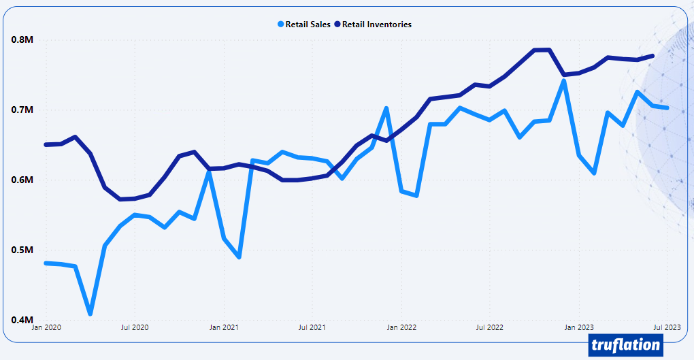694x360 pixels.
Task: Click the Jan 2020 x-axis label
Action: click(46, 328)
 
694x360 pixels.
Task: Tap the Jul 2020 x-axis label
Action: click(134, 328)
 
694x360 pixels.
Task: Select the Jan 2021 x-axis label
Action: click(223, 328)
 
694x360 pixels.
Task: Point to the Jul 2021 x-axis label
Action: click(312, 328)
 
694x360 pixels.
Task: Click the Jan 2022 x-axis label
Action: click(401, 328)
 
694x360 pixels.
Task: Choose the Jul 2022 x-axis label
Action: click(489, 328)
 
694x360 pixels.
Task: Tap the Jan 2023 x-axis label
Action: click(578, 328)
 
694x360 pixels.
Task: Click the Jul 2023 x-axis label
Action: click(666, 328)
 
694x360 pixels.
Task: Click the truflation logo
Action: click(626, 345)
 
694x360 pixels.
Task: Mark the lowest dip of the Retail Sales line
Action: click(90, 314)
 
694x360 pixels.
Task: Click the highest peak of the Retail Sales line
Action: click(564, 81)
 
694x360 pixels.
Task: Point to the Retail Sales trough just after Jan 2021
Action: click(239, 257)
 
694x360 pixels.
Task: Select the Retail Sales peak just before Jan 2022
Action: click(386, 109)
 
